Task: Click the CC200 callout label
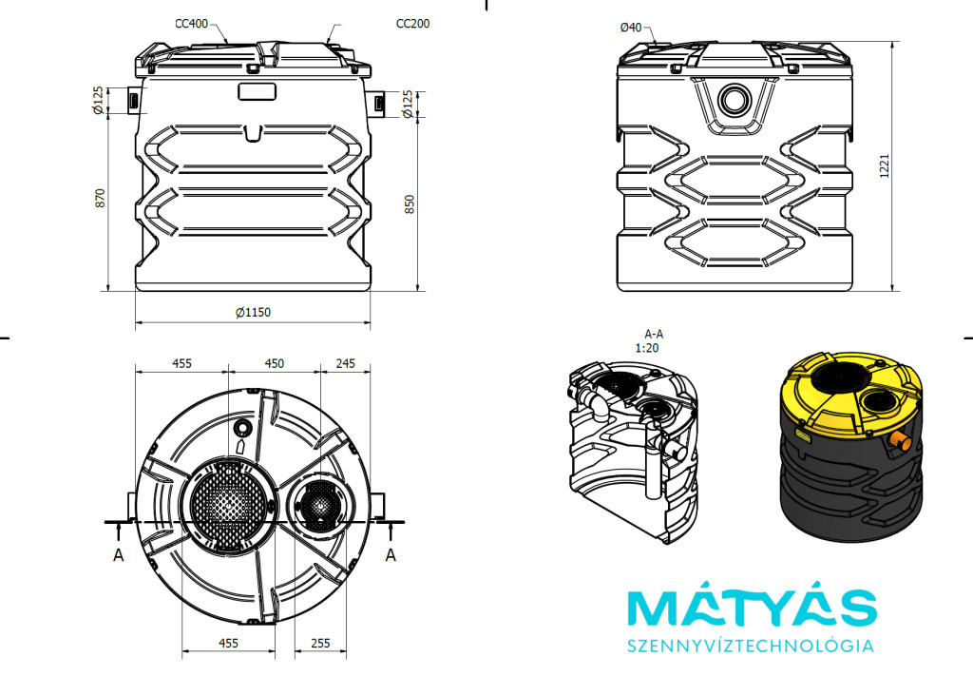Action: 412,23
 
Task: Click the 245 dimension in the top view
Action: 346,363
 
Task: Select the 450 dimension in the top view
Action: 274,363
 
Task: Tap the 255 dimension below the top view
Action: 320,644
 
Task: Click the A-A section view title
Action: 654,335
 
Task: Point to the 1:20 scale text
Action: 647,348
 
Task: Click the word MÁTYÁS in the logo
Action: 751,609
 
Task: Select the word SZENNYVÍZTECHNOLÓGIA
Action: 751,647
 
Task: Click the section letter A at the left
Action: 119,554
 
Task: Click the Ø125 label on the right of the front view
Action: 409,103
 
